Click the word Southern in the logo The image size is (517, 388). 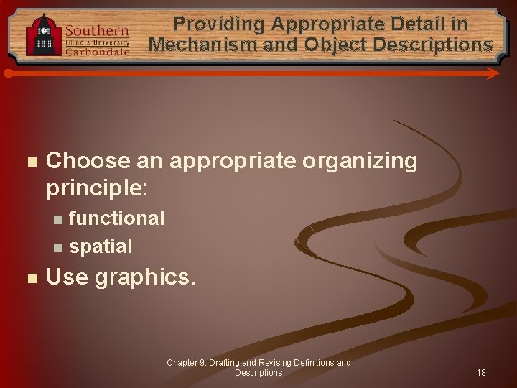tap(97, 31)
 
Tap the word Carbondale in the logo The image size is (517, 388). tap(97, 52)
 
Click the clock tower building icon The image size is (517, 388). tap(44, 34)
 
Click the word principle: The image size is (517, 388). tap(97, 189)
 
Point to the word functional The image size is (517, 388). tap(116, 218)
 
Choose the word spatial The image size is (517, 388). tap(101, 246)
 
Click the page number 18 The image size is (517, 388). tap(481, 373)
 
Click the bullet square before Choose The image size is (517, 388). tap(29, 162)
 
